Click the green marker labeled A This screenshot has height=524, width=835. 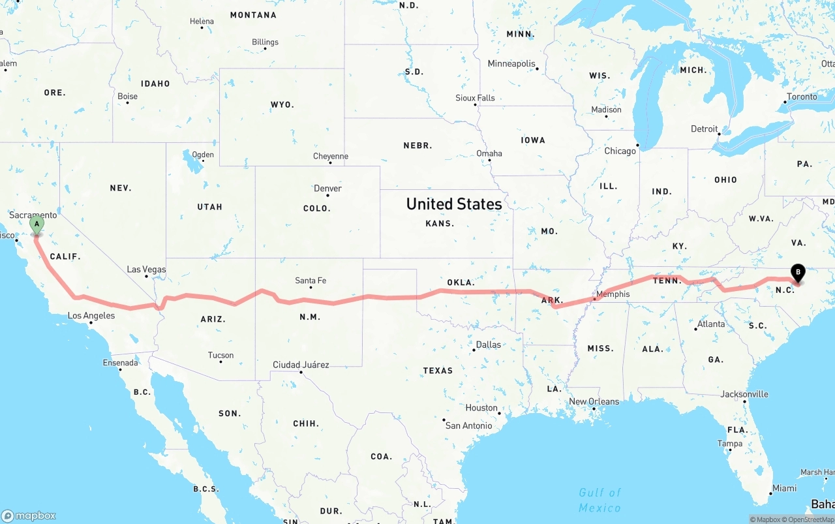click(x=37, y=226)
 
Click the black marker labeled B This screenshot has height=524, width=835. click(x=797, y=273)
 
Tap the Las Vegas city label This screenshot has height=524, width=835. click(x=146, y=270)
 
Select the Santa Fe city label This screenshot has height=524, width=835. click(x=311, y=281)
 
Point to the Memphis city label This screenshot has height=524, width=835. click(x=613, y=294)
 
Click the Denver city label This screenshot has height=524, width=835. click(x=327, y=189)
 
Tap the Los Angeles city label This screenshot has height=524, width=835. click(x=91, y=316)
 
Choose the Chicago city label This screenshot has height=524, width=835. click(x=620, y=151)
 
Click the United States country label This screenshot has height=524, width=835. click(x=454, y=204)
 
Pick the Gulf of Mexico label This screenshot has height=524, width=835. click(x=600, y=500)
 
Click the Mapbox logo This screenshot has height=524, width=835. click(x=29, y=516)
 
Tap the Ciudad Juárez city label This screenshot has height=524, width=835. click(x=301, y=365)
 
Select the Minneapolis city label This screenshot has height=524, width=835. click(x=511, y=64)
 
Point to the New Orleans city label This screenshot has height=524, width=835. click(x=594, y=401)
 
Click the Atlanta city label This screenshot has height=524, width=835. click(x=710, y=324)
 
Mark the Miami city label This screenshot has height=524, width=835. click(x=784, y=488)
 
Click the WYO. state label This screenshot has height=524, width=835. click(x=282, y=104)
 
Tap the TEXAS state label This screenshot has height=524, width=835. click(x=438, y=371)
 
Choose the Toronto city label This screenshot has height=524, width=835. click(x=802, y=97)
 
